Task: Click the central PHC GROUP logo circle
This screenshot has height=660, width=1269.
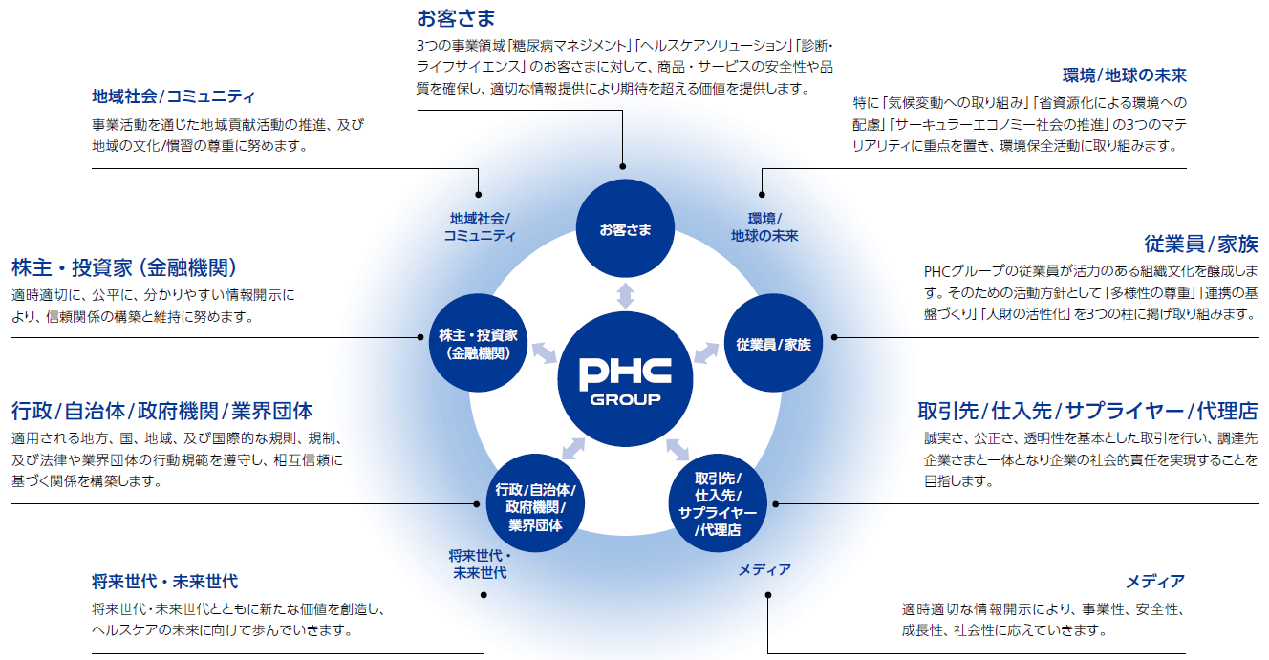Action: (x=625, y=378)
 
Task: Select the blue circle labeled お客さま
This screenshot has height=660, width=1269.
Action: (x=625, y=229)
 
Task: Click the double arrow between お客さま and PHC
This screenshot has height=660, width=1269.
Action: (x=625, y=294)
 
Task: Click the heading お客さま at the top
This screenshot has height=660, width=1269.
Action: (x=456, y=17)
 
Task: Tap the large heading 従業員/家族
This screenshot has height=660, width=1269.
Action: (x=1200, y=243)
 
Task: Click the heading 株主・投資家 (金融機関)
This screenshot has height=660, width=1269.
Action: (x=124, y=267)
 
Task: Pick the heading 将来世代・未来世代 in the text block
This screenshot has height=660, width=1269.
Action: (x=165, y=581)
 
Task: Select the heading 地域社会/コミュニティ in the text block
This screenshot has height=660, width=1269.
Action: (x=174, y=96)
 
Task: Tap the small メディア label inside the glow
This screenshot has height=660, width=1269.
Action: (x=764, y=570)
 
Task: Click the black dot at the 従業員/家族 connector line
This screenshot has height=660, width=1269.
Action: (x=834, y=336)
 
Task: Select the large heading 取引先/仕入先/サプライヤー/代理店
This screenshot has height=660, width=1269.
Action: (x=1087, y=411)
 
